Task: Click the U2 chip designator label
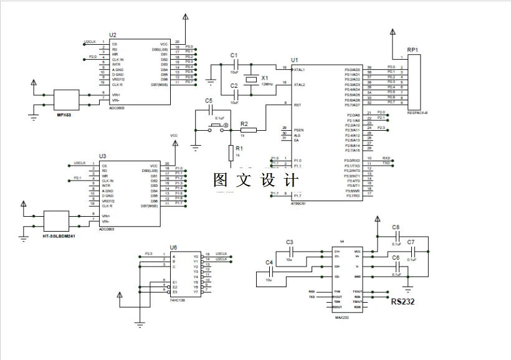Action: click(x=112, y=35)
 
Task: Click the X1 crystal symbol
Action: click(x=251, y=79)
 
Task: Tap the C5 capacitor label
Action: click(x=209, y=100)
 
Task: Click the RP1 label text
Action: click(x=413, y=49)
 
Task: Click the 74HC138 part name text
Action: click(x=178, y=300)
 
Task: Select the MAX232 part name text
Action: click(x=339, y=318)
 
